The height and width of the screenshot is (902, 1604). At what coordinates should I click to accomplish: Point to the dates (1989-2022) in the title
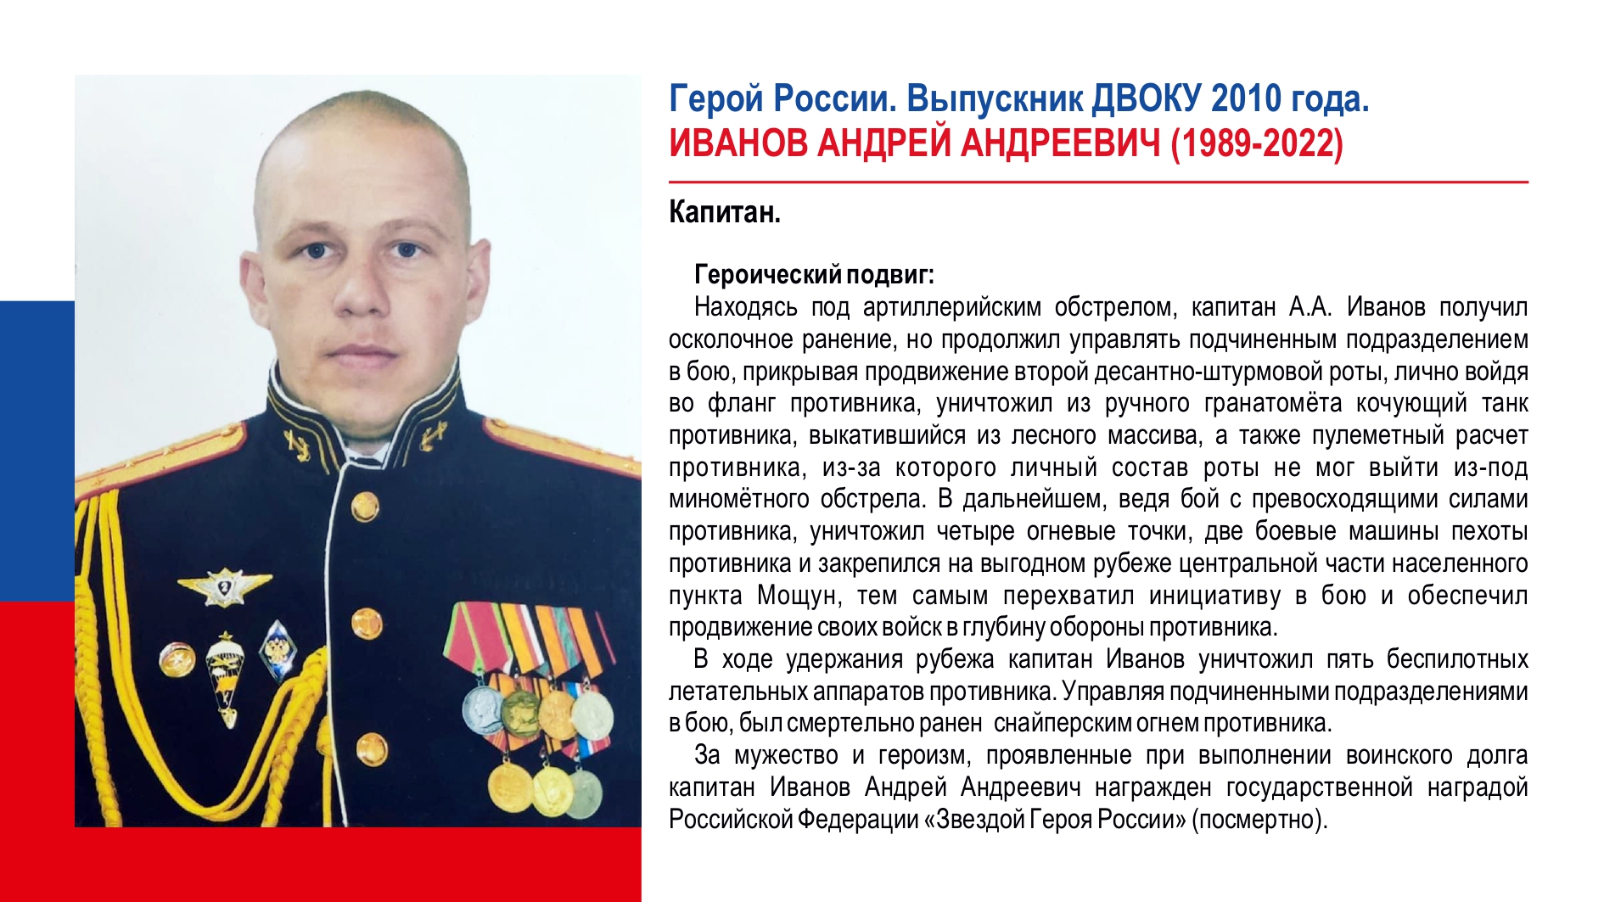tap(1257, 144)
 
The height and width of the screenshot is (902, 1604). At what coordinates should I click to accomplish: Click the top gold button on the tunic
tap(365, 507)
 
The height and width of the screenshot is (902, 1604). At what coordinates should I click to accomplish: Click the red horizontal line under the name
tap(1098, 182)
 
